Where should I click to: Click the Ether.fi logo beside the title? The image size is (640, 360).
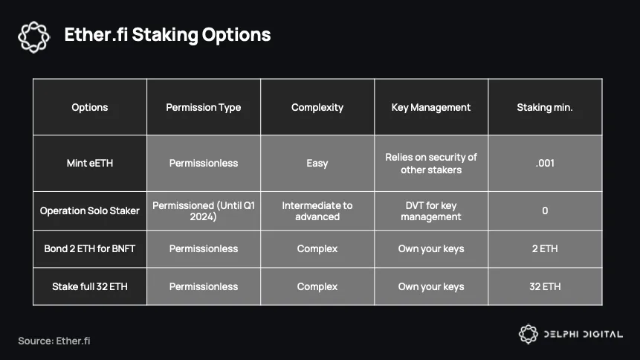click(34, 37)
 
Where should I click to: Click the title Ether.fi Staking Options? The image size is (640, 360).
click(167, 35)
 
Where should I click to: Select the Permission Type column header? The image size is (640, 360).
click(203, 107)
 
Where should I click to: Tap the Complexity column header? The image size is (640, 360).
click(317, 107)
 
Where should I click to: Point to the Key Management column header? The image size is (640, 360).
click(431, 107)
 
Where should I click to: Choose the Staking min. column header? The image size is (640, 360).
click(545, 107)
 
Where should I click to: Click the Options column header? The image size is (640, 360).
click(90, 107)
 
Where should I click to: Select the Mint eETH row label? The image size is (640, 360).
click(90, 163)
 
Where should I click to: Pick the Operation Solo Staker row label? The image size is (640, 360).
click(90, 210)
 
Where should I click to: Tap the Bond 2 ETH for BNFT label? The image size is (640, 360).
click(90, 249)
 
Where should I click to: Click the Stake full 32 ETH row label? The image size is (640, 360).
click(90, 286)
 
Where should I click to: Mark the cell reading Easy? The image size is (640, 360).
click(317, 164)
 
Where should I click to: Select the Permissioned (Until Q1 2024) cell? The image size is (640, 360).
click(203, 210)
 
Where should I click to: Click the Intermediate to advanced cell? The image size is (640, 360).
click(317, 210)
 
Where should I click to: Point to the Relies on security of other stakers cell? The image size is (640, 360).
click(431, 164)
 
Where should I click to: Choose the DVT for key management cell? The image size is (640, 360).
click(431, 210)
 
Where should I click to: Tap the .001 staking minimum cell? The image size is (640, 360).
click(545, 163)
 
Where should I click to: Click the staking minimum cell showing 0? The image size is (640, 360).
click(545, 210)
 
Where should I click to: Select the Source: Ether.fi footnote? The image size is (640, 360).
click(54, 341)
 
